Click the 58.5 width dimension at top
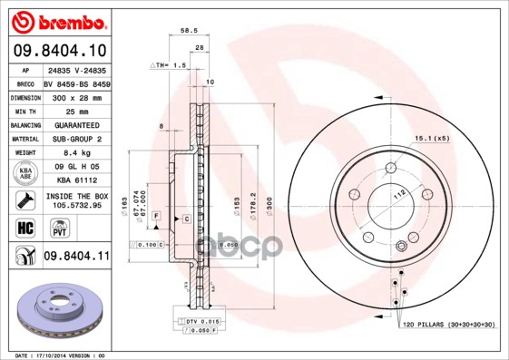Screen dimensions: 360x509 point(190,31)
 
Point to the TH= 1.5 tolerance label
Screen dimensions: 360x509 point(169,66)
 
